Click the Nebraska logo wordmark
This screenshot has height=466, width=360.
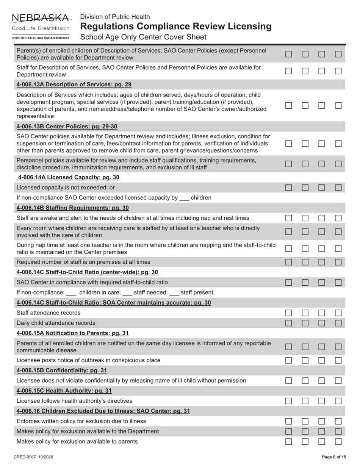[x=41, y=18]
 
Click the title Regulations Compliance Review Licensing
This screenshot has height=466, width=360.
[x=176, y=27]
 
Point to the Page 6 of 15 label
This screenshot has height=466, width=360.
[x=334, y=457]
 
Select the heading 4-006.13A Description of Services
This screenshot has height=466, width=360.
[x=74, y=84]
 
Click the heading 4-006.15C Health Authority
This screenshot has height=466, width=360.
[x=64, y=391]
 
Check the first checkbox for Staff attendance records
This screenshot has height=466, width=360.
[x=289, y=313]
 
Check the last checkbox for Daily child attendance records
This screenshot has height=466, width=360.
[x=338, y=323]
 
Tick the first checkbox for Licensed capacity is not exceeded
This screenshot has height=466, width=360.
[x=289, y=187]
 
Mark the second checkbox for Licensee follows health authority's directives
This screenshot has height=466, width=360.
[x=305, y=401]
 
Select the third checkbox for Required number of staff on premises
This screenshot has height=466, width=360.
[x=322, y=262]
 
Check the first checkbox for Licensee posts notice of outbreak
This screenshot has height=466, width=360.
[x=289, y=360]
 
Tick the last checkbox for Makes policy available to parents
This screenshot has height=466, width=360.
[x=338, y=441]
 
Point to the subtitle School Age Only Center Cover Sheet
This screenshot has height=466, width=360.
[x=143, y=37]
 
